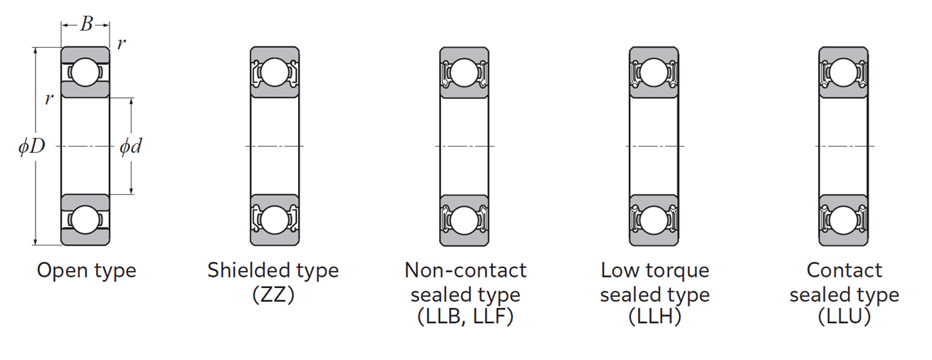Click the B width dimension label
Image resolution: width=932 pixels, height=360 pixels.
(87, 24)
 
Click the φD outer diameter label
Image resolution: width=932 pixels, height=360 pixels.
(31, 146)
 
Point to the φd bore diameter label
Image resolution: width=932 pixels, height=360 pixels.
(131, 146)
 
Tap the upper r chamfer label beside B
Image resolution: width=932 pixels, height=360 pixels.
(122, 43)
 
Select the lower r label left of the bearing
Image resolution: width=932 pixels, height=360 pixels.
(50, 99)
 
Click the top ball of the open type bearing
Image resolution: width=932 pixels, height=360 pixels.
(85, 73)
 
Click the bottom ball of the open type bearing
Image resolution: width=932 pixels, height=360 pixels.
(85, 220)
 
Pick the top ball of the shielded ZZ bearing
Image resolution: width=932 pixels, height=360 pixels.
(275, 73)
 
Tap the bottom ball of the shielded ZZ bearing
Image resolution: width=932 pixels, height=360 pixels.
(275, 220)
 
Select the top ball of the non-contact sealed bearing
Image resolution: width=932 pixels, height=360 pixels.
(465, 73)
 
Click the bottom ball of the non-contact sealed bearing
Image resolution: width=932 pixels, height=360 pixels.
(465, 220)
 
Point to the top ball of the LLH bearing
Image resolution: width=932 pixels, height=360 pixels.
(654, 73)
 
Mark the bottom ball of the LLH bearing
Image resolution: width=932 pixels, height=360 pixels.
(654, 220)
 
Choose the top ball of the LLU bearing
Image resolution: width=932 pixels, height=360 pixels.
(843, 73)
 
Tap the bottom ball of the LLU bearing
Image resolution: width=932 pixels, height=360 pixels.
(843, 220)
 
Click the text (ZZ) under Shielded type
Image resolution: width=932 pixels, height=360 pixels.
(273, 295)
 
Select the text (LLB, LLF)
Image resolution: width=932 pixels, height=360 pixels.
(465, 317)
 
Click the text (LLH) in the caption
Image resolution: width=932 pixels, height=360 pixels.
(655, 317)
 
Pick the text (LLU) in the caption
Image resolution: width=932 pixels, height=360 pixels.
(844, 317)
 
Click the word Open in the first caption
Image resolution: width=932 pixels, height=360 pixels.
(63, 271)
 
